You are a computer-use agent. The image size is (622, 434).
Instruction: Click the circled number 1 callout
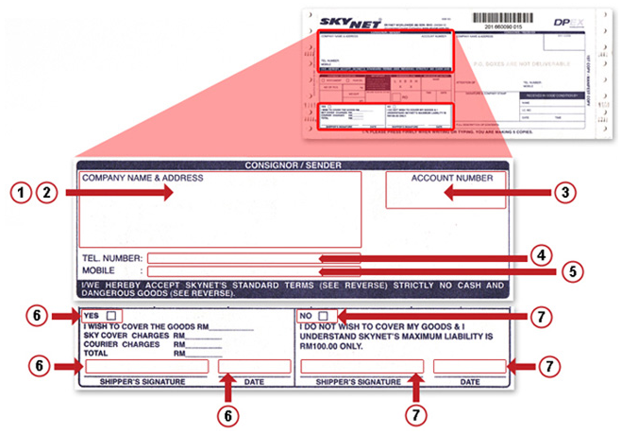coord(21,192)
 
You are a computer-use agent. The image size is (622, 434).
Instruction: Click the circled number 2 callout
coord(47,192)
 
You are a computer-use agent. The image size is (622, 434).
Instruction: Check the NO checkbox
coord(323,315)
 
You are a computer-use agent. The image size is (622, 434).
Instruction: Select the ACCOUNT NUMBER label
coord(451,178)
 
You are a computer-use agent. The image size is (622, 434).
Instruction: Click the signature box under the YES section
coord(146,366)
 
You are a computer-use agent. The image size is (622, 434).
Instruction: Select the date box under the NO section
coord(469,366)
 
